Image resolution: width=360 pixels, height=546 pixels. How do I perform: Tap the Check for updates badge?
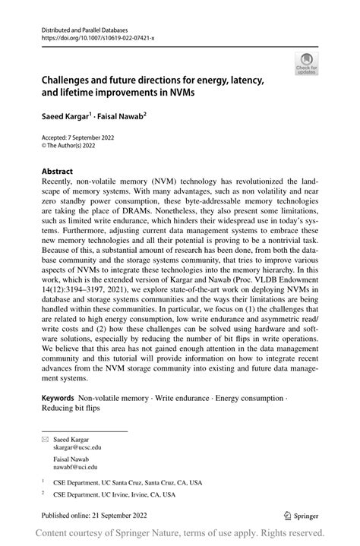[308, 63]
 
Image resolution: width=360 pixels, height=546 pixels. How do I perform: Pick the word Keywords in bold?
[58, 397]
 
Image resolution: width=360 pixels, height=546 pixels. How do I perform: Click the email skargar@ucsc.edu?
[77, 448]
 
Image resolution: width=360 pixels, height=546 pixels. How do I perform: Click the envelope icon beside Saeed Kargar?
[45, 439]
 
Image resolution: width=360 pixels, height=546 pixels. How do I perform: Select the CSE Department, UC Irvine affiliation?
[114, 495]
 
